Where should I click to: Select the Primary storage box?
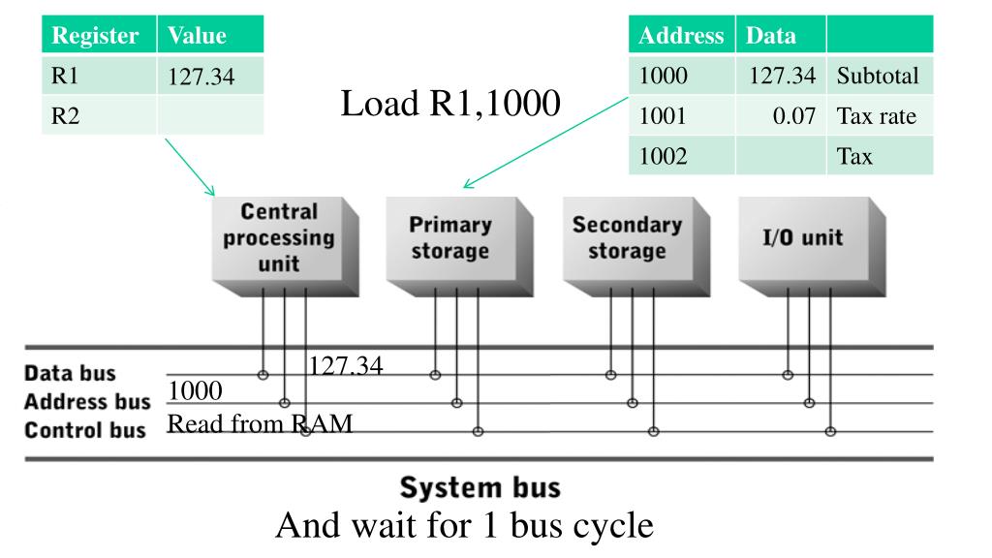tap(449, 238)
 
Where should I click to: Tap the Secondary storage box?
tap(627, 238)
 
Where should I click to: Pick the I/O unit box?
tap(803, 237)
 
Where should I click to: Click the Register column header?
tap(95, 36)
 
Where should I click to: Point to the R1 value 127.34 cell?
tap(201, 76)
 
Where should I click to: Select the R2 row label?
tap(65, 116)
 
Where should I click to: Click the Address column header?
tap(681, 36)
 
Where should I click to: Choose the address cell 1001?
tap(663, 116)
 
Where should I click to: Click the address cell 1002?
tap(663, 156)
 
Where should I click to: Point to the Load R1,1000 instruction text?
tap(450, 104)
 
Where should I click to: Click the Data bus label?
tap(70, 373)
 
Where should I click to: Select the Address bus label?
tap(87, 401)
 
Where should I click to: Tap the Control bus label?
tap(85, 429)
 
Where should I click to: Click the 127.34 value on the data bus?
tap(346, 365)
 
